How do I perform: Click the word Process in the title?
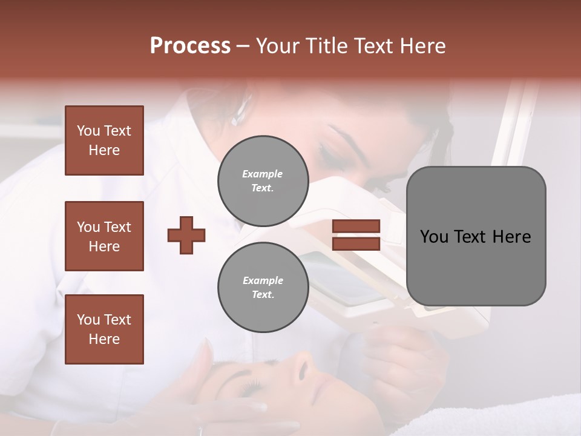click(x=190, y=46)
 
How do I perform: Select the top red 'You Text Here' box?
click(x=104, y=140)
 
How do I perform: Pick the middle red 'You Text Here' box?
click(x=104, y=236)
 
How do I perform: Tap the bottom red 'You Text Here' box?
click(x=104, y=329)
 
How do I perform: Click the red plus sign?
click(x=186, y=235)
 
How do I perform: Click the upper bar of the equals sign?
click(x=356, y=226)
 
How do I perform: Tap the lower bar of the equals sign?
click(x=356, y=244)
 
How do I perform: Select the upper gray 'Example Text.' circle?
click(x=263, y=181)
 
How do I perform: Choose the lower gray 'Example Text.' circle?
click(x=263, y=288)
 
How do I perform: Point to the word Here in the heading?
click(x=421, y=46)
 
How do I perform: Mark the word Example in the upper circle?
click(x=263, y=174)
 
